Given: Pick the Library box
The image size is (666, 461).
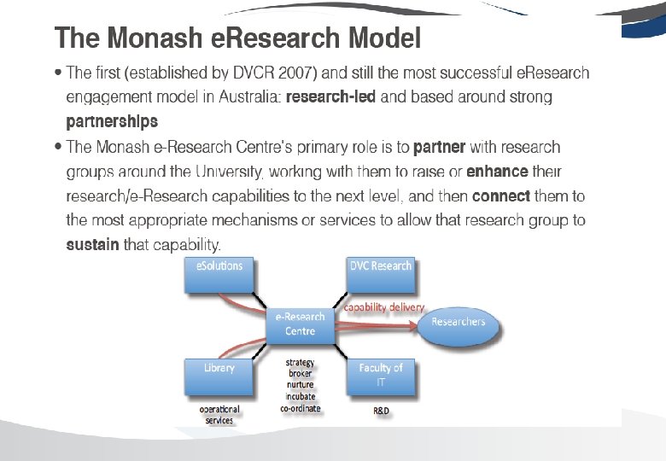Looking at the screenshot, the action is (x=219, y=376).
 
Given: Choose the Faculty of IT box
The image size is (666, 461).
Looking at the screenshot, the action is (x=381, y=376).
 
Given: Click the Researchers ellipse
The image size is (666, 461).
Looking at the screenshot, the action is (x=458, y=322).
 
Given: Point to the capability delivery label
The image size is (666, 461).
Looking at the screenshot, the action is (x=383, y=306).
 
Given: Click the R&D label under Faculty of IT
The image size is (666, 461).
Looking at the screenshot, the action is (x=382, y=411).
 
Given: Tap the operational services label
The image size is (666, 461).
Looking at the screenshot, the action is (x=219, y=415).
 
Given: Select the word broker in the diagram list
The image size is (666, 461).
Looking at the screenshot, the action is (x=300, y=373).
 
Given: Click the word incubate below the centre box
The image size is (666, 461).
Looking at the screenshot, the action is (x=300, y=396).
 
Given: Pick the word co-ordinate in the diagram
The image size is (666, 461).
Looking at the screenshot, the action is (x=300, y=408).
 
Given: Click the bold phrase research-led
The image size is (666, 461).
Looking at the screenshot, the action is (x=330, y=97).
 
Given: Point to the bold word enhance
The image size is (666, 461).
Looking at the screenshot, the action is (x=498, y=172).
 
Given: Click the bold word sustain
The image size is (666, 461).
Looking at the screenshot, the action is (x=93, y=245).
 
